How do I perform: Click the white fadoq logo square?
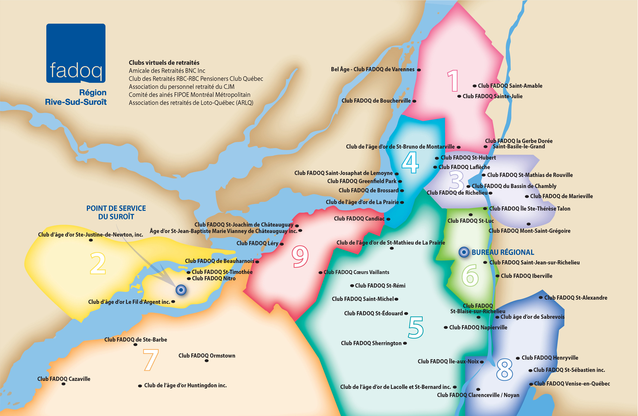[x=76, y=53]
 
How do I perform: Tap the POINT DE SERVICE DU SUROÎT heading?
[x=116, y=212]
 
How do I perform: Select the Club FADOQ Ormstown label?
[x=207, y=356]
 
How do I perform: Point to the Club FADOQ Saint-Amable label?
[x=510, y=86]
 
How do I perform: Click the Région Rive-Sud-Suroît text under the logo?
[x=76, y=97]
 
